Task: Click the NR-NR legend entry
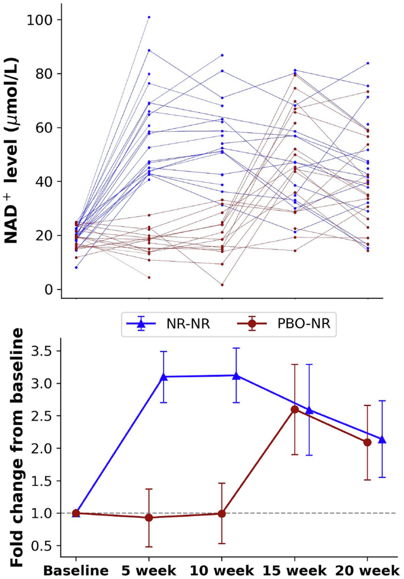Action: [x=169, y=324]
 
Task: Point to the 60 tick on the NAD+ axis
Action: [x=45, y=128]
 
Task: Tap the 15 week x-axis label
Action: [x=295, y=571]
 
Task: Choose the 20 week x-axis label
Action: [x=367, y=571]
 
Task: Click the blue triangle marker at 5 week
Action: [x=163, y=377]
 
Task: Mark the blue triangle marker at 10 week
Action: [x=236, y=376]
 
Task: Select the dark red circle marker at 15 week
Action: [x=295, y=409]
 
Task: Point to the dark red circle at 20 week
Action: [x=367, y=443]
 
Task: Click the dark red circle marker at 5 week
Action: [x=149, y=518]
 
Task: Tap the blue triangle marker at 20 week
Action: [x=382, y=440]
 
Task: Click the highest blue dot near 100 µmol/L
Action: [x=149, y=17]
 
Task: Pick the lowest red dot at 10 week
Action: [x=222, y=285]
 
